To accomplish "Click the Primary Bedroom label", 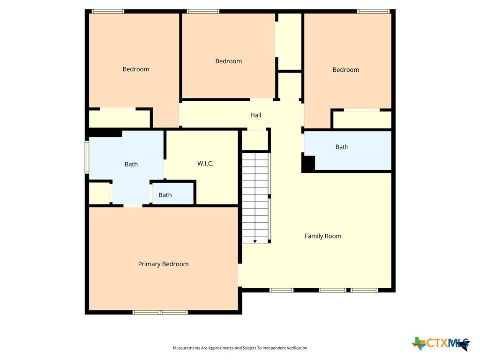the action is [163, 264].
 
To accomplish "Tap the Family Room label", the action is [323, 236].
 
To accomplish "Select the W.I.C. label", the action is [205, 164].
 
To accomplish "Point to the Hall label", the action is [255, 115].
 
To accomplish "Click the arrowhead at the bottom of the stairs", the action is [255, 241].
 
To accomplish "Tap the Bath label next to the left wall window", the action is [131, 165].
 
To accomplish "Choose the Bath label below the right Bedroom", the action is [342, 147].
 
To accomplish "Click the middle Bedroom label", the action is [228, 61].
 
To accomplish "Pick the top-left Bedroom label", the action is [136, 69].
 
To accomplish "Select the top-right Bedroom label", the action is [346, 70].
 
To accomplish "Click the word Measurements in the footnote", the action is [186, 348].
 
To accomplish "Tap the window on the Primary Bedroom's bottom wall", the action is [160, 312].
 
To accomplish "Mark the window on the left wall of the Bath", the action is [87, 157].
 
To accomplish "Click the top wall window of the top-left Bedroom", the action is [108, 11].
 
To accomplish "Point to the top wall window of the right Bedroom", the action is [374, 11].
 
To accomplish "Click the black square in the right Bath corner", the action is [308, 164].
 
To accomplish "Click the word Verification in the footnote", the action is [296, 348].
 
